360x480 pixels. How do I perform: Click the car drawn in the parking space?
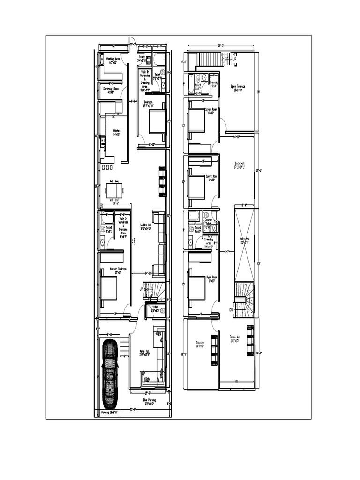[x=111, y=374]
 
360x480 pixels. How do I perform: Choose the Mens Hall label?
[x=144, y=352]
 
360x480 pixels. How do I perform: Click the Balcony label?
[x=201, y=344]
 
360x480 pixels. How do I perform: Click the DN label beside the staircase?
[x=231, y=310]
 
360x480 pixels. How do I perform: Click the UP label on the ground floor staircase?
[x=141, y=289]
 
